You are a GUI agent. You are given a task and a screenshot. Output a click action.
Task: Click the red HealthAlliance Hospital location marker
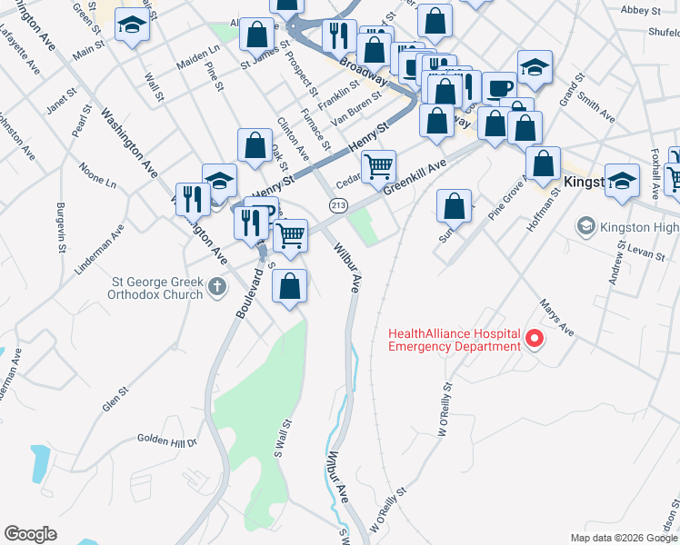point(535,341)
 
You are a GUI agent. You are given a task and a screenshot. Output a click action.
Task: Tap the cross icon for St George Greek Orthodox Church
point(216,288)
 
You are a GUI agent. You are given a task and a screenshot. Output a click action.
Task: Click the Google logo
point(30,534)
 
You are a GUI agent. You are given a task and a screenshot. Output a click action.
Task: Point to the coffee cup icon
point(497,88)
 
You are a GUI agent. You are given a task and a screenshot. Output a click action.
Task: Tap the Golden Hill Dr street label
point(167,441)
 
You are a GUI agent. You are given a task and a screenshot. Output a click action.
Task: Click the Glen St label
point(116,399)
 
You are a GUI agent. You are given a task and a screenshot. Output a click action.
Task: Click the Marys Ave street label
point(556,317)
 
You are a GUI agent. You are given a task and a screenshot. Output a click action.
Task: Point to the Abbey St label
point(641,10)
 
